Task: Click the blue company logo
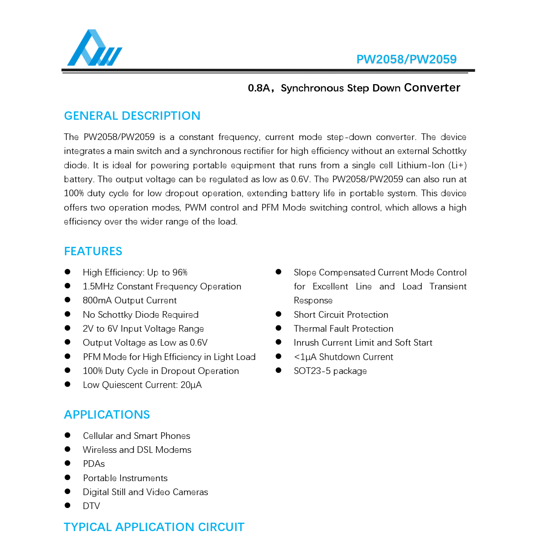click(x=94, y=48)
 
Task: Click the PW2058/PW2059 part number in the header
click(x=406, y=59)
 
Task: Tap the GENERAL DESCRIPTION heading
click(x=132, y=116)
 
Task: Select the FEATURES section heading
click(x=93, y=251)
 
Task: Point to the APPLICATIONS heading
click(x=107, y=415)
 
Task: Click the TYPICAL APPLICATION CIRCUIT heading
click(x=154, y=527)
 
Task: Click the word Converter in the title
click(x=432, y=88)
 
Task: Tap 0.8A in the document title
click(x=259, y=88)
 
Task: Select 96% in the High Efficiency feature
click(x=180, y=273)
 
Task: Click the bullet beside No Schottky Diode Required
click(x=68, y=314)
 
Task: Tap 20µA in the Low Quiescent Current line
click(x=191, y=385)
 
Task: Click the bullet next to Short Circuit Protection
click(x=279, y=314)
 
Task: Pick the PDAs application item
click(x=94, y=464)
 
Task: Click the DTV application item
click(x=91, y=506)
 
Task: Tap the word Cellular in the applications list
click(x=98, y=436)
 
